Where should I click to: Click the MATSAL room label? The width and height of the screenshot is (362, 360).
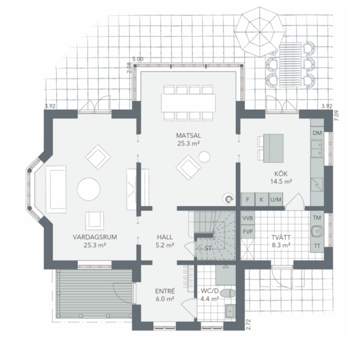point(188,135)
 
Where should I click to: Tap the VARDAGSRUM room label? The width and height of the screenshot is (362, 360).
point(95,237)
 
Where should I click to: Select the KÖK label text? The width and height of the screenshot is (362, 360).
point(281,173)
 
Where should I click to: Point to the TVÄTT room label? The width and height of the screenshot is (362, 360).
point(281,237)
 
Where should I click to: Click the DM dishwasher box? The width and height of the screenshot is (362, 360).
point(317,133)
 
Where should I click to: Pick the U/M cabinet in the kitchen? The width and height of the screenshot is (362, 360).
point(276,199)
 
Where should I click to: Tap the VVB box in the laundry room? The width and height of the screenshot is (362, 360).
point(248,218)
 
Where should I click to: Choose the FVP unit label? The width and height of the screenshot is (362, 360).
point(248,231)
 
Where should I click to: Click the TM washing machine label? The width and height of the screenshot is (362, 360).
point(317,217)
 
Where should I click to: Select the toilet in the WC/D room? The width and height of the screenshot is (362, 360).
point(227,293)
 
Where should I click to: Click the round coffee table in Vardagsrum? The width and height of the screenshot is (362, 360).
point(89,189)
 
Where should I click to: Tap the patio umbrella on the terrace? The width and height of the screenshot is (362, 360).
point(259,31)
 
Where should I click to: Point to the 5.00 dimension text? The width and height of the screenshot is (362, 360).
point(138,59)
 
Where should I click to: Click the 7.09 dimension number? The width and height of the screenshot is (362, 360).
point(337,115)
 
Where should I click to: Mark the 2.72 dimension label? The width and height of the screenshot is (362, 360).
point(248,324)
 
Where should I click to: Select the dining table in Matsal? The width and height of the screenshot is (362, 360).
point(188,103)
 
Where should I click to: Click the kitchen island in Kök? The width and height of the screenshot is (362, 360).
point(273,148)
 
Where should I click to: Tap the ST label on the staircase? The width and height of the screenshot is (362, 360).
point(208,248)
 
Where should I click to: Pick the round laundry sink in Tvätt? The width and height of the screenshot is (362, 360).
point(317,231)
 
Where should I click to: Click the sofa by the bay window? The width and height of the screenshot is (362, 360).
point(56,189)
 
